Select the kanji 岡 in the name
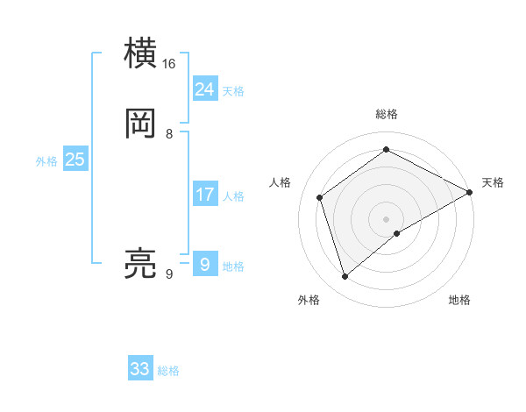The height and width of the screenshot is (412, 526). (x=140, y=124)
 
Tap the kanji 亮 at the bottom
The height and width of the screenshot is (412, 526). (x=140, y=264)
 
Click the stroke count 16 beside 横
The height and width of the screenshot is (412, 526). (x=169, y=64)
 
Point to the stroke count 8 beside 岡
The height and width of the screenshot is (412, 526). (x=169, y=134)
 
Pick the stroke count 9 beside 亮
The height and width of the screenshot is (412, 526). (x=169, y=274)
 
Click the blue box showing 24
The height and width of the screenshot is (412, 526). (x=205, y=89)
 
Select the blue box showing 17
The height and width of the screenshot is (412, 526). (x=205, y=195)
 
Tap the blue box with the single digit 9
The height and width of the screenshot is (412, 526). (x=205, y=265)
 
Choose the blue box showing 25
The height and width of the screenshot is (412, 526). (x=75, y=160)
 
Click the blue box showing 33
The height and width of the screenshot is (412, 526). (x=140, y=369)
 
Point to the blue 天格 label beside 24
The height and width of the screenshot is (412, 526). (x=233, y=90)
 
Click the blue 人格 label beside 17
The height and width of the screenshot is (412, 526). (x=233, y=196)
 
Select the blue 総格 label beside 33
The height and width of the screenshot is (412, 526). (x=168, y=371)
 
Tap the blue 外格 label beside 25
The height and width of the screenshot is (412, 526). (x=46, y=161)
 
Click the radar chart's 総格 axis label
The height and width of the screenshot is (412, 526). (x=387, y=114)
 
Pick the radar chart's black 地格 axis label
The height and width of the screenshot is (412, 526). (x=459, y=300)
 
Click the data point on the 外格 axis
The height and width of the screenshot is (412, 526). (x=345, y=277)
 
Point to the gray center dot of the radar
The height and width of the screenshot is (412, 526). (x=387, y=218)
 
